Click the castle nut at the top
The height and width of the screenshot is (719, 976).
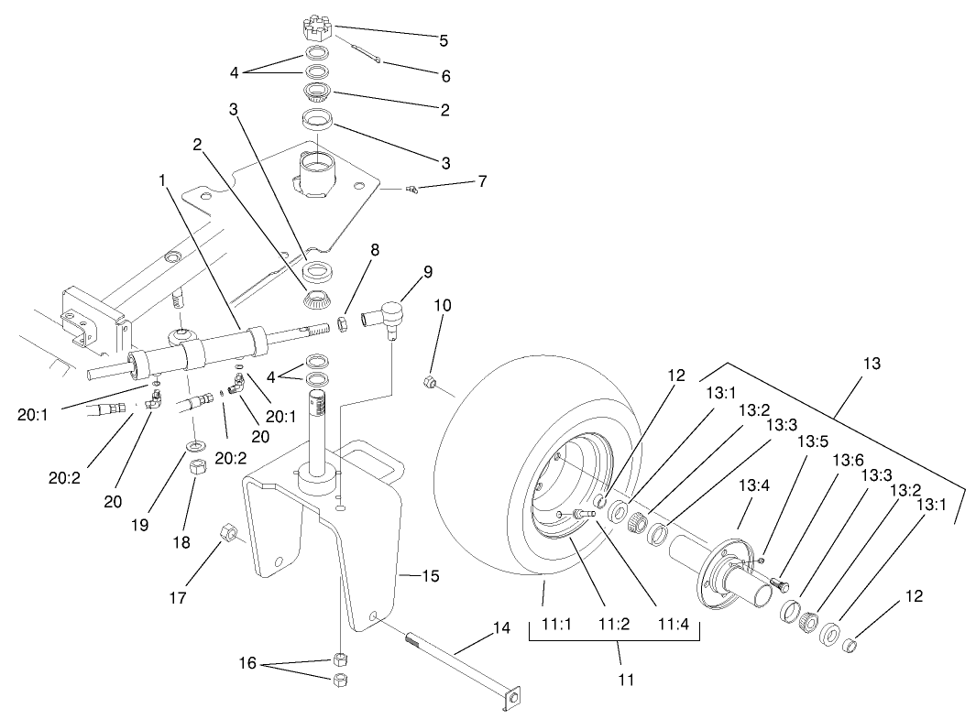[x=316, y=27]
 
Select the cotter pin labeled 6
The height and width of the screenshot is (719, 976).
[x=365, y=52]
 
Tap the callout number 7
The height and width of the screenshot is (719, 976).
[x=481, y=181]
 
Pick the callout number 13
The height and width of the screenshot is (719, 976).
[x=871, y=364]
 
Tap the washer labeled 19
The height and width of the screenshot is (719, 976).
[x=194, y=445]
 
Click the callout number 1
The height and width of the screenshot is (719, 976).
[x=162, y=181]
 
